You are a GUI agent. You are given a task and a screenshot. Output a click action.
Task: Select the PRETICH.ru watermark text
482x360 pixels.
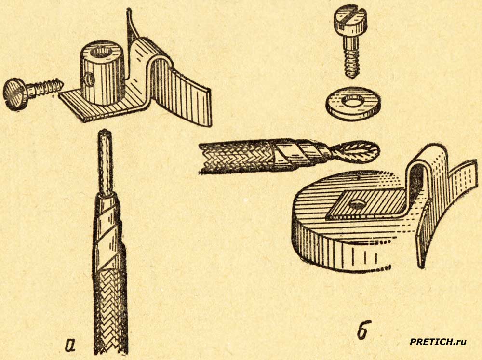click(438, 342)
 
